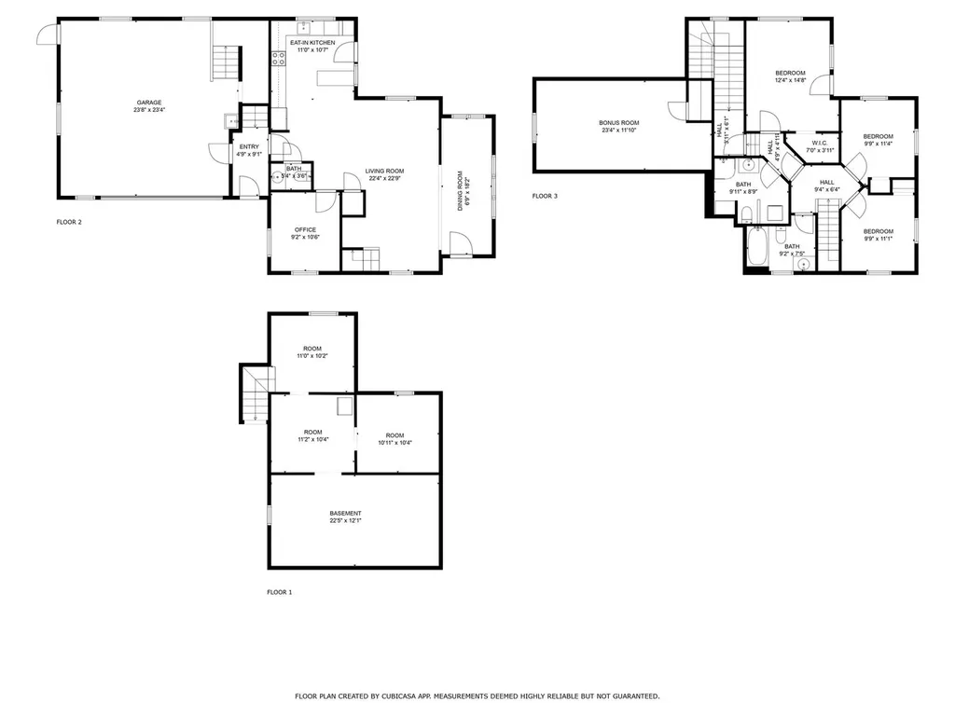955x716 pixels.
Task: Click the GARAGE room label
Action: pyautogui.click(x=149, y=103)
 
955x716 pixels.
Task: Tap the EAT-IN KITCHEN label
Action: pyautogui.click(x=312, y=43)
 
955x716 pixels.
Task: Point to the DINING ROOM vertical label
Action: pyautogui.click(x=460, y=190)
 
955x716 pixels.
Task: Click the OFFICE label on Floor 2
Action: pyautogui.click(x=305, y=229)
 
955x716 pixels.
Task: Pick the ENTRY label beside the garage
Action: pyautogui.click(x=250, y=146)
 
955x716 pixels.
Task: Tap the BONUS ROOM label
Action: pyautogui.click(x=618, y=122)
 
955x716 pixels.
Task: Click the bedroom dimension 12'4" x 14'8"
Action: pyautogui.click(x=790, y=81)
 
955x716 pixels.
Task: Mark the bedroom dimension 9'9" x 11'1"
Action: pyautogui.click(x=878, y=239)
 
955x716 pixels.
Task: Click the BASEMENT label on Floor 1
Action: pyautogui.click(x=345, y=514)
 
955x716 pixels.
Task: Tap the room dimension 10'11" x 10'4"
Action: pyautogui.click(x=394, y=443)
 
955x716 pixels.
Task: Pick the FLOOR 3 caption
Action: pyautogui.click(x=545, y=196)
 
